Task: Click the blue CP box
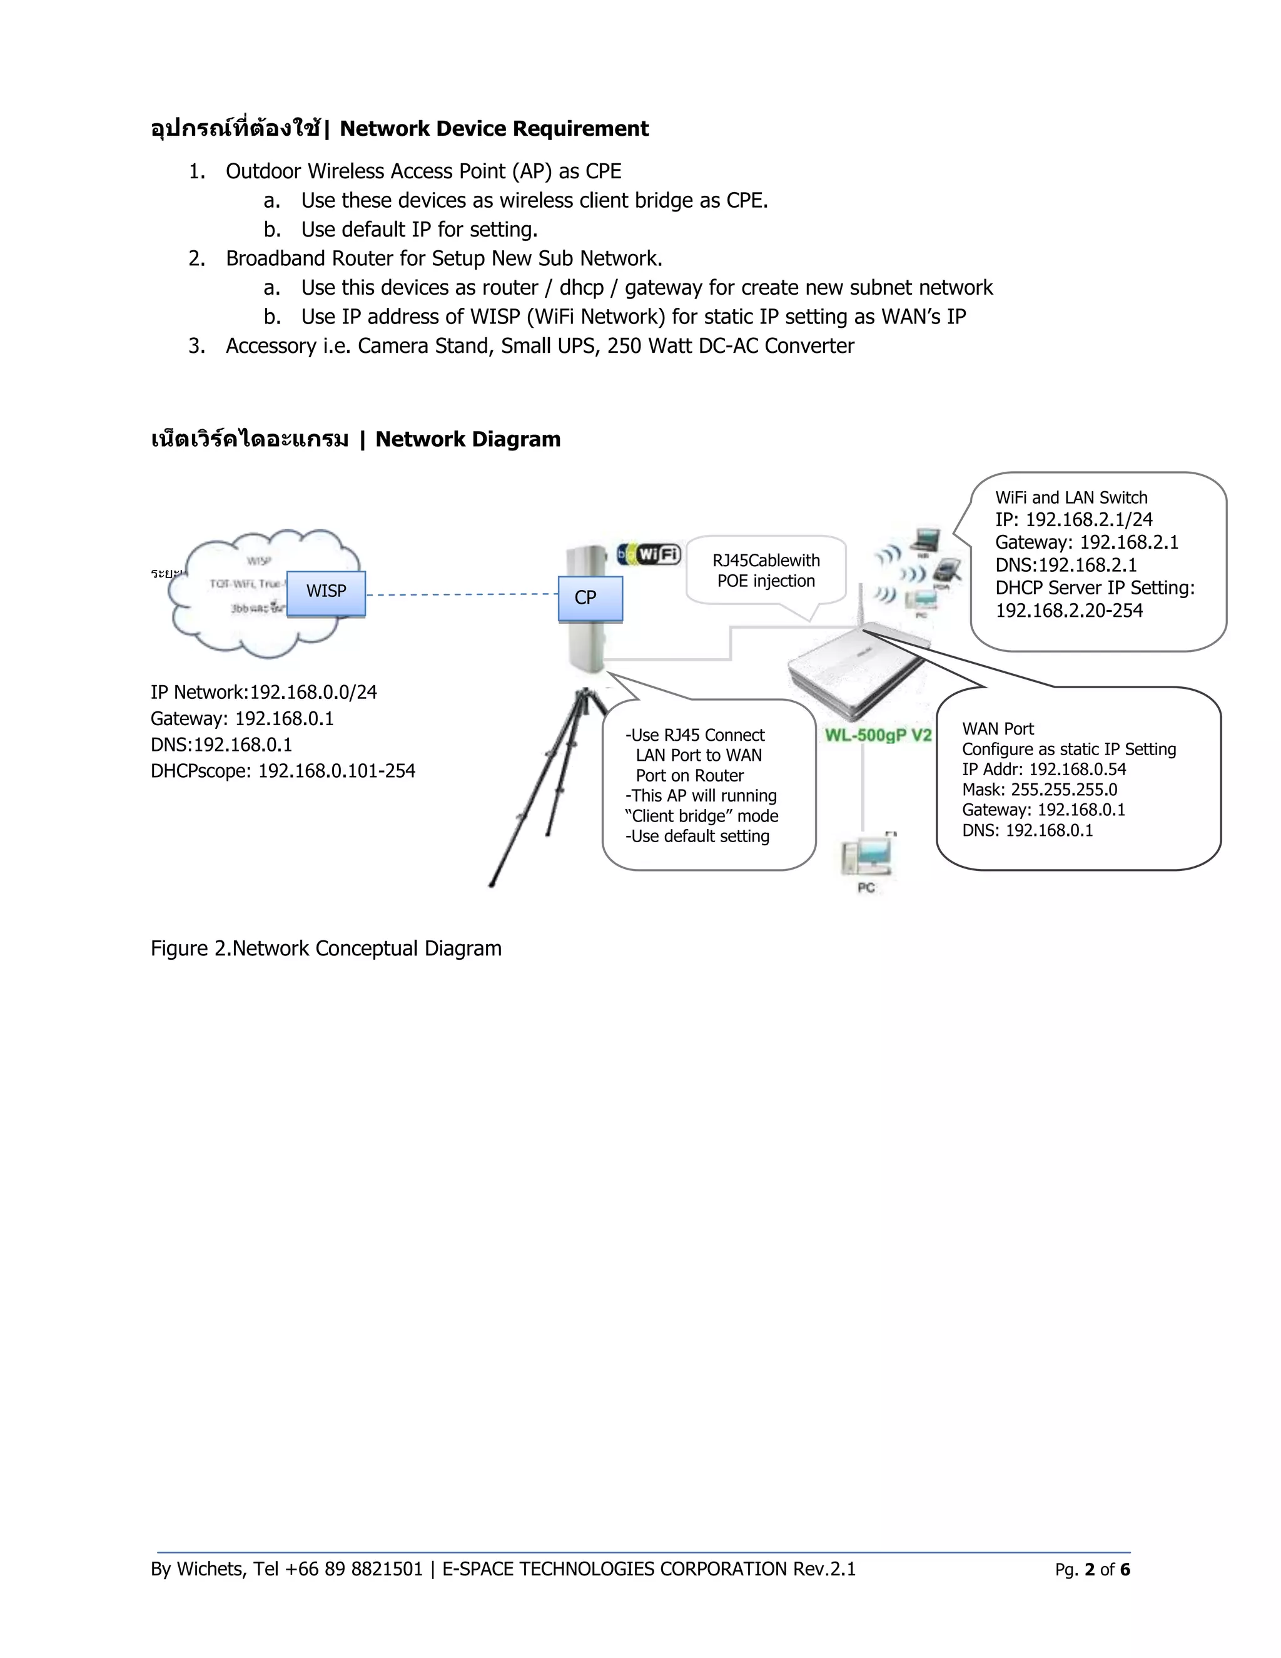tap(590, 598)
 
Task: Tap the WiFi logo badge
tap(650, 554)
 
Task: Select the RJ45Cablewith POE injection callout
tap(766, 571)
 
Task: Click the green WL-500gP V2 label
tap(878, 736)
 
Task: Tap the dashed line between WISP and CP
tap(462, 594)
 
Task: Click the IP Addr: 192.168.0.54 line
tap(1043, 769)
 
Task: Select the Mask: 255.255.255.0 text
tap(1039, 790)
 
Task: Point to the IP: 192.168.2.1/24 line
tap(1073, 520)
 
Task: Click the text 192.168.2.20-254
tap(1068, 611)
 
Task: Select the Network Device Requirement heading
tap(494, 129)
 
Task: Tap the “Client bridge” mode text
tap(702, 816)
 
